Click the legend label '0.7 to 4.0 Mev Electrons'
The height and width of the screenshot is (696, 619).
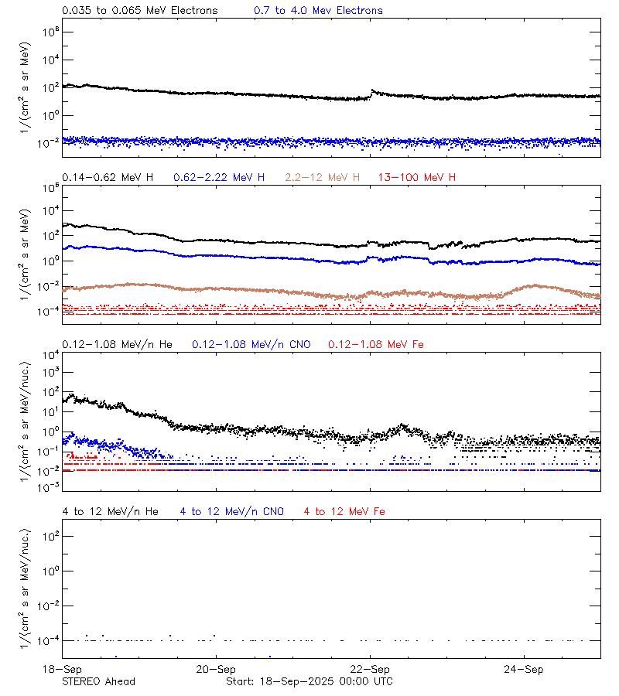(x=318, y=11)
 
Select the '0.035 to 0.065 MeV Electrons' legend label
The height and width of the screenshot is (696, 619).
(x=139, y=11)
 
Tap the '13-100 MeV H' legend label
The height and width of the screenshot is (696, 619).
(x=417, y=178)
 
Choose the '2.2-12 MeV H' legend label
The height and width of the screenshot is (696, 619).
(x=323, y=178)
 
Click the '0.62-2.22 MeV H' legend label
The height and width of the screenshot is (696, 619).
(x=219, y=178)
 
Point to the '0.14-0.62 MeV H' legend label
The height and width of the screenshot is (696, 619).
(x=108, y=178)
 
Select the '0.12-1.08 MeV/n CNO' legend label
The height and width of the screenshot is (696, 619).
(x=251, y=344)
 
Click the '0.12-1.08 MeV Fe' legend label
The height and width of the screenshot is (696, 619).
(x=376, y=344)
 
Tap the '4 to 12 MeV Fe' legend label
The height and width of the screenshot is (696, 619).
(x=344, y=511)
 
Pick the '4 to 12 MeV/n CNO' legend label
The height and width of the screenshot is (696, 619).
(x=232, y=511)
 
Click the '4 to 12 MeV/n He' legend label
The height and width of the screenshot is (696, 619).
(x=110, y=511)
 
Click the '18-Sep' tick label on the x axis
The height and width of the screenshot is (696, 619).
(x=63, y=669)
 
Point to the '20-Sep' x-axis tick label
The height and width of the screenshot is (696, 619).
(x=216, y=669)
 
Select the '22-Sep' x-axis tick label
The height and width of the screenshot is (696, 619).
(x=370, y=669)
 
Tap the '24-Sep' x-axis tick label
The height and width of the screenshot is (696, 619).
(x=524, y=669)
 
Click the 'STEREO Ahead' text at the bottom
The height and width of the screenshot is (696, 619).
(x=98, y=681)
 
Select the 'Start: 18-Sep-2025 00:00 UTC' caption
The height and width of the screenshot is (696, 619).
(x=309, y=681)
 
